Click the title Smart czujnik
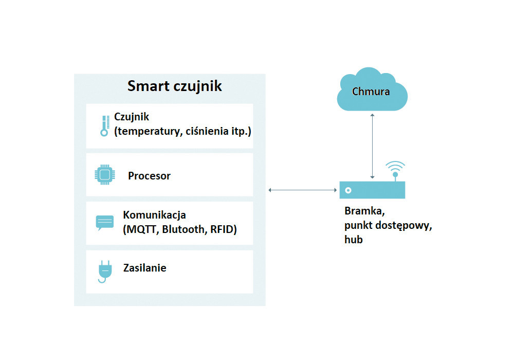click(x=174, y=86)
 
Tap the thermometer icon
click(x=105, y=125)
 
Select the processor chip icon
click(x=105, y=175)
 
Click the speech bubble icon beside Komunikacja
click(x=104, y=223)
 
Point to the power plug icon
click(x=105, y=272)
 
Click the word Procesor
click(x=149, y=176)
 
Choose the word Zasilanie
click(x=144, y=268)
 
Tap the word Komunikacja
click(x=154, y=215)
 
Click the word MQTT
click(x=141, y=229)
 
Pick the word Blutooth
click(x=185, y=229)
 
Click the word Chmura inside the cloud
click(x=371, y=92)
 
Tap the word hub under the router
click(x=354, y=239)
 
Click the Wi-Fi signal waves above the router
click(x=395, y=166)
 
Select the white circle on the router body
click(x=348, y=190)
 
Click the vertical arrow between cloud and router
click(x=372, y=146)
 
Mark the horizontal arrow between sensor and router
click(x=303, y=190)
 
